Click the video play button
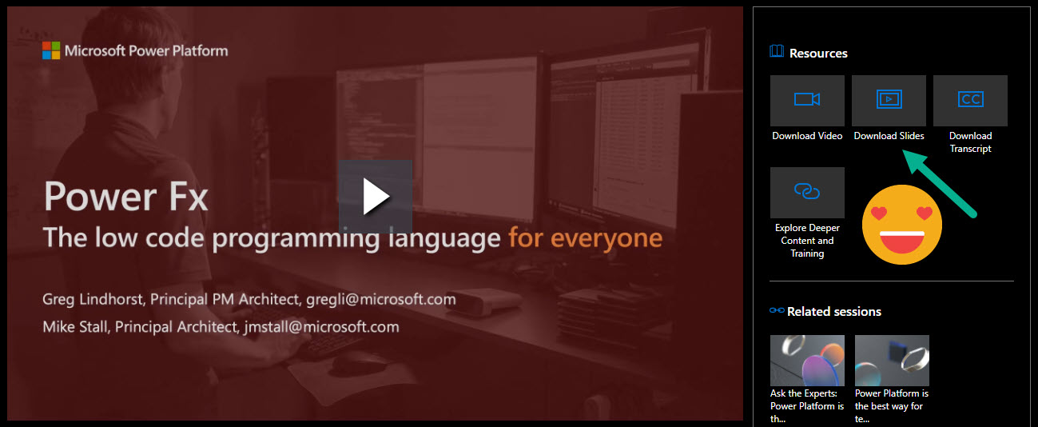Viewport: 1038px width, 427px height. [375, 197]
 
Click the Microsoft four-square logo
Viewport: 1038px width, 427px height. [51, 50]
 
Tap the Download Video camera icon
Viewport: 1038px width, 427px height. [807, 100]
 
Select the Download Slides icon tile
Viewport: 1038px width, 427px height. [889, 100]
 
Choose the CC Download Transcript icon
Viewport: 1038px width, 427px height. [970, 100]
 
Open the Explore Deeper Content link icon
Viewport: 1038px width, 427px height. [807, 192]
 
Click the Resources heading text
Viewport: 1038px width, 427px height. [818, 54]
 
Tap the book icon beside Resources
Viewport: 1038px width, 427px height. [777, 52]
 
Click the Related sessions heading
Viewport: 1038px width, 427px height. [833, 311]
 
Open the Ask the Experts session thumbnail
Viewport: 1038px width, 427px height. [807, 361]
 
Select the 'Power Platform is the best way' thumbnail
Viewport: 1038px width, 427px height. [892, 361]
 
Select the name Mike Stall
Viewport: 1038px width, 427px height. [78, 326]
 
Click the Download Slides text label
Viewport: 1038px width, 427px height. [889, 136]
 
